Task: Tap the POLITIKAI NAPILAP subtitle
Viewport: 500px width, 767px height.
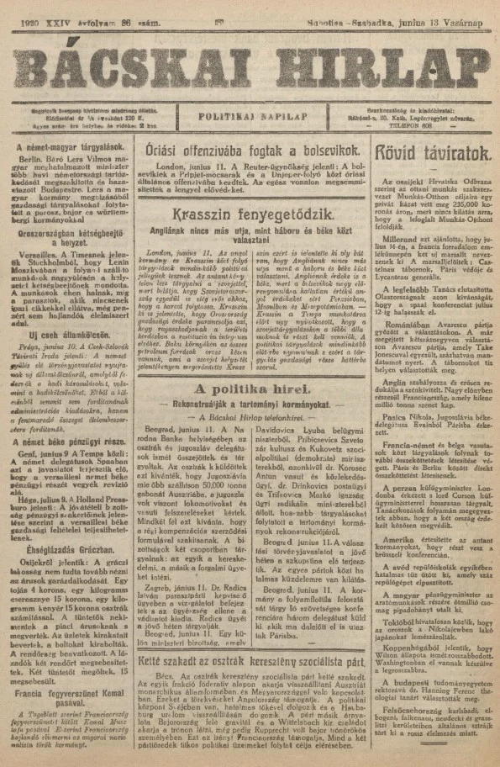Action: click(x=250, y=109)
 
